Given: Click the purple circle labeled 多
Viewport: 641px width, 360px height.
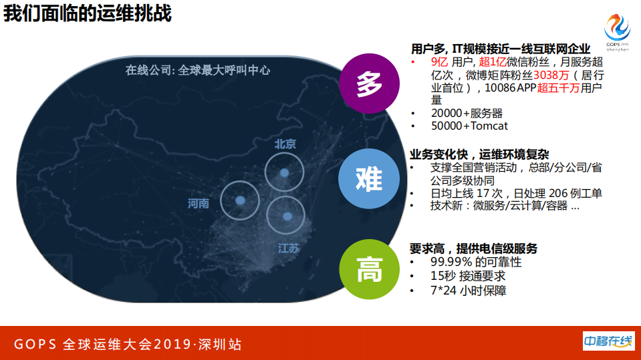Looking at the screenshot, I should point(369,84).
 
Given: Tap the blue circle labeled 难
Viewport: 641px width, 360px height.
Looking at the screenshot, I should point(369,178).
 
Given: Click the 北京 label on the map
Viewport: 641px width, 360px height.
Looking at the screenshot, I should point(285,144).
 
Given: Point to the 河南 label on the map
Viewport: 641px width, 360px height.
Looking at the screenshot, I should point(199,204).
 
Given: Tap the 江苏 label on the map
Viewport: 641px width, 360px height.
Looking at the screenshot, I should point(289,248).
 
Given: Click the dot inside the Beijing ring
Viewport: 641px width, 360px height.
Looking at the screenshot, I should point(285,172).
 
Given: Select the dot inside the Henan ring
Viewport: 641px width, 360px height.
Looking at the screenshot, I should point(240,199).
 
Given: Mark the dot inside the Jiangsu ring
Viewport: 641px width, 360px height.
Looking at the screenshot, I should point(287,216).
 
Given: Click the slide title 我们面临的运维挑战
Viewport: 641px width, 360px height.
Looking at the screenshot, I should point(88,13).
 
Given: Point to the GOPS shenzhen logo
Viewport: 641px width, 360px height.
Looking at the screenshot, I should point(617,33).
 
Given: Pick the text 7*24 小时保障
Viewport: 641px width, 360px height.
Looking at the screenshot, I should point(469,291).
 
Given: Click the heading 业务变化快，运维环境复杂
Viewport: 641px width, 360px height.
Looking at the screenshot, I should point(479,154).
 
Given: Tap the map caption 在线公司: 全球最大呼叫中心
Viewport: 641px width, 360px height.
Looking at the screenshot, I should point(198,70).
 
